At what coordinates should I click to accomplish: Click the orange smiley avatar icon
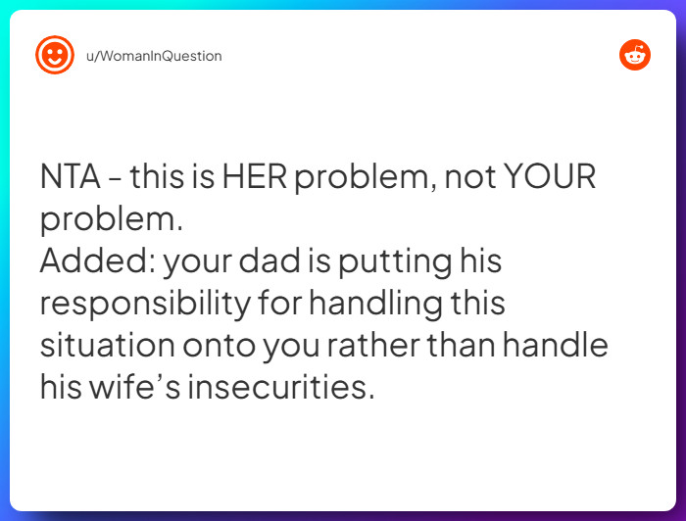point(55,56)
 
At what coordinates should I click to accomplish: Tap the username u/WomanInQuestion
point(154,56)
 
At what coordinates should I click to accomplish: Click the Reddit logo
point(634,56)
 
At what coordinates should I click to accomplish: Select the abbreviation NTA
point(70,178)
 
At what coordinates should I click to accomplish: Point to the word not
point(467,178)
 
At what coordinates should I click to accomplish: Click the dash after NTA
point(116,178)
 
